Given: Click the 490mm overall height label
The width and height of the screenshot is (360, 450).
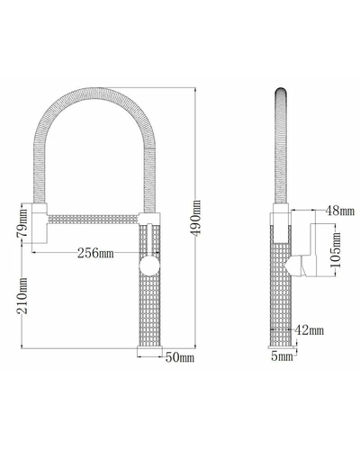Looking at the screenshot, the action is pos(196,218).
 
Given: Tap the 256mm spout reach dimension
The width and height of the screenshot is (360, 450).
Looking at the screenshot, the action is pos(95,253).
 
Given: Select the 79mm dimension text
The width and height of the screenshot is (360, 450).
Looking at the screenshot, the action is pos(22,222).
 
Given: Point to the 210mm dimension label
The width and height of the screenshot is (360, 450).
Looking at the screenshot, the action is pos(22,296).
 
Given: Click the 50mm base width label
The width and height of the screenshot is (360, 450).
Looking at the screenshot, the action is pos(180,357).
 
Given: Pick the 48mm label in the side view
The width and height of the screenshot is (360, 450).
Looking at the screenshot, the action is pos(340,211).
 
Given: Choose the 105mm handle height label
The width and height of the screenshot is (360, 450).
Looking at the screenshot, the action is pos(336,249).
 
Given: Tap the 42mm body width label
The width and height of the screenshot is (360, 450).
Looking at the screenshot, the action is pos(310,330).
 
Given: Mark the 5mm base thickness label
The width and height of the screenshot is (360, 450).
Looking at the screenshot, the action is pos(282,356).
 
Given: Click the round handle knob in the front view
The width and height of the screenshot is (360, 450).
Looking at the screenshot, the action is pos(149,265).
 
